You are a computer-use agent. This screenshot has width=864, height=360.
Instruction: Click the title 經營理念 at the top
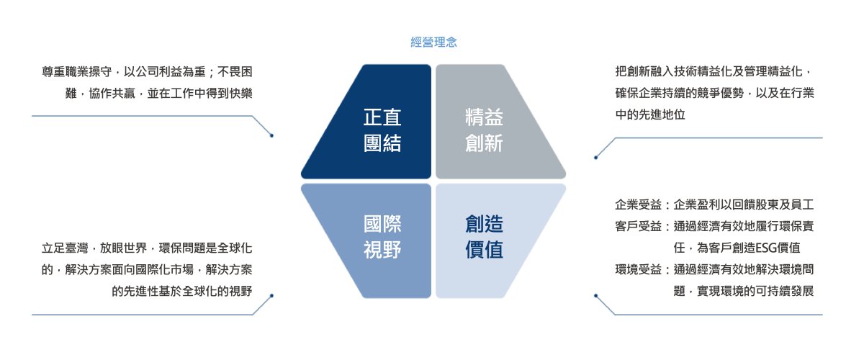(x=433, y=42)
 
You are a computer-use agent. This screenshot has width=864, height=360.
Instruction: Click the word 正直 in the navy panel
(x=382, y=117)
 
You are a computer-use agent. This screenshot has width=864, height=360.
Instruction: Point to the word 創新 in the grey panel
(x=484, y=143)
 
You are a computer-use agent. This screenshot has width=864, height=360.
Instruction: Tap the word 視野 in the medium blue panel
(x=382, y=250)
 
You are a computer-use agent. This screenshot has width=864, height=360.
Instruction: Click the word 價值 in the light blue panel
(x=484, y=250)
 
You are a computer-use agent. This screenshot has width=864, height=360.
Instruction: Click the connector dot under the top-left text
(x=272, y=135)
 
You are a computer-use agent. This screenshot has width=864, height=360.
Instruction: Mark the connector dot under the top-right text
(x=596, y=158)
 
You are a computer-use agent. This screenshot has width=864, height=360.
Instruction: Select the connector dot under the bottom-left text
(x=272, y=296)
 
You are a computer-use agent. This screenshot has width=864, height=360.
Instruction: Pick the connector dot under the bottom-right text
(x=596, y=296)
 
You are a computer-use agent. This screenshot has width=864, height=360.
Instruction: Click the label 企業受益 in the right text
(x=639, y=204)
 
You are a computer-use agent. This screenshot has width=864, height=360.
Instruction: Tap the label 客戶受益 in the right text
(x=639, y=226)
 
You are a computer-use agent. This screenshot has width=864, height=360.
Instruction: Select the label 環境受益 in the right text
(x=639, y=269)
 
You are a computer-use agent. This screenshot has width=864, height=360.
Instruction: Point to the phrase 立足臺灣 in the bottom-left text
(x=65, y=248)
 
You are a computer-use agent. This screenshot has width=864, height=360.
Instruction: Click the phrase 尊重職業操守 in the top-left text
(x=77, y=72)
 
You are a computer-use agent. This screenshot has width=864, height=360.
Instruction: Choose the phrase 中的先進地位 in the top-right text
(x=650, y=114)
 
